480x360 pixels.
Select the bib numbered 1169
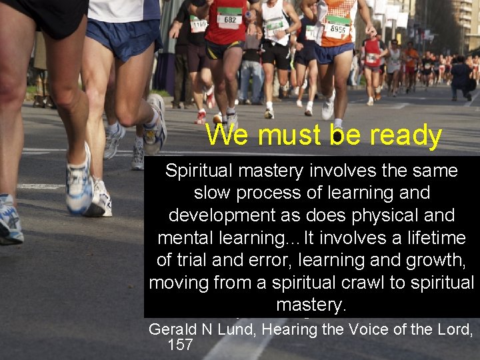pos(198,25)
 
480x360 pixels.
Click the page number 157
pos(180,345)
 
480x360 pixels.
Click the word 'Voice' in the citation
pos(376,329)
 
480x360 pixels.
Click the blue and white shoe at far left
pos(9,220)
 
